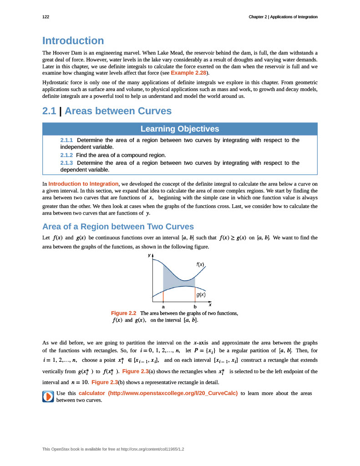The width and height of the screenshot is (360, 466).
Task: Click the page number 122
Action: click(x=46, y=17)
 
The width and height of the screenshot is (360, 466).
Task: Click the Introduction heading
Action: click(x=73, y=41)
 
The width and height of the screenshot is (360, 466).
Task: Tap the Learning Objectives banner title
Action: click(x=180, y=129)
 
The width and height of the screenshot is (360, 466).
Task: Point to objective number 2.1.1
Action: click(x=66, y=140)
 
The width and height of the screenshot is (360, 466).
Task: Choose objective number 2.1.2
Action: click(x=66, y=155)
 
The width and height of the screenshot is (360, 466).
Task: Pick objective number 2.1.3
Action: click(x=66, y=163)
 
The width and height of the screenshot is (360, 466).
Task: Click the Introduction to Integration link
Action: click(x=83, y=184)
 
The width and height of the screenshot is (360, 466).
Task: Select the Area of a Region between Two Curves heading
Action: click(x=118, y=227)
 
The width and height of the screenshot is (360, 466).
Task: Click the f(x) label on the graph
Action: click(x=200, y=264)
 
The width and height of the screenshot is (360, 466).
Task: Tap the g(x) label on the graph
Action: click(x=201, y=295)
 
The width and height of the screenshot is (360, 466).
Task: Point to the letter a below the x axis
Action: click(x=163, y=307)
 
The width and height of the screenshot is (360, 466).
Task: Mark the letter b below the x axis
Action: click(x=195, y=307)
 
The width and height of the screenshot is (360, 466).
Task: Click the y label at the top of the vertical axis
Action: click(x=149, y=255)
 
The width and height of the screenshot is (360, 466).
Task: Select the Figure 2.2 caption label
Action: click(x=124, y=313)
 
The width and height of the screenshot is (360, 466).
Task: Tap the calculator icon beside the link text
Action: click(x=48, y=396)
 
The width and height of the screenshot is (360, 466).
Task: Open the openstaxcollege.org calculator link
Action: click(x=158, y=393)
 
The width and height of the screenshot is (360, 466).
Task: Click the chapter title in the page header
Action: click(x=283, y=17)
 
